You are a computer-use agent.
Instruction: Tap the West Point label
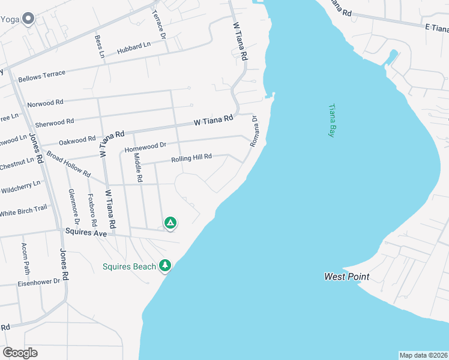tap(346, 277)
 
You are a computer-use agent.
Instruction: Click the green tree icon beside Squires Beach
tap(165, 265)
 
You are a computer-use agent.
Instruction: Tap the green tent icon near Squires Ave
tap(170, 223)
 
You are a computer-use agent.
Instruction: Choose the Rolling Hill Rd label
tap(191, 158)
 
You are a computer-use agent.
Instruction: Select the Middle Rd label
tap(137, 167)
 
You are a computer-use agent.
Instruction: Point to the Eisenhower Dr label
tap(38, 281)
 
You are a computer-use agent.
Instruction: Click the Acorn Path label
tap(25, 257)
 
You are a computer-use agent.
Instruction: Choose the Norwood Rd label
tap(45, 103)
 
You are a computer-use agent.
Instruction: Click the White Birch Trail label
tap(23, 211)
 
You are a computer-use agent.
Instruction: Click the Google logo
tap(20, 353)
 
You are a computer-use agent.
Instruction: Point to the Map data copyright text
tap(423, 355)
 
